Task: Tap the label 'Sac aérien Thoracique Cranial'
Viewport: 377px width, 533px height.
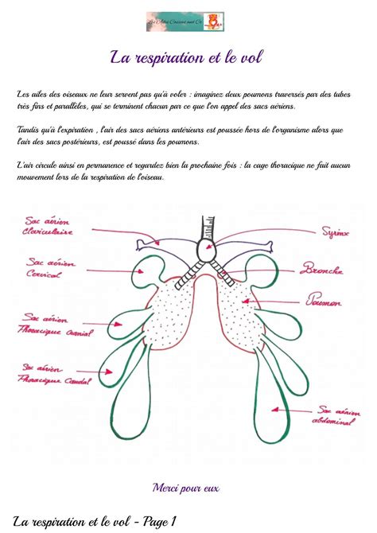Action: tap(52, 324)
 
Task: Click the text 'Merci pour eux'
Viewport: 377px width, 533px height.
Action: tap(185, 487)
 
